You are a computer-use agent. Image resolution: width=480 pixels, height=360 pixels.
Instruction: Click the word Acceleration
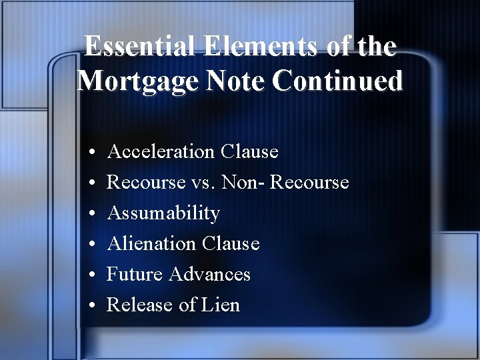click(161, 152)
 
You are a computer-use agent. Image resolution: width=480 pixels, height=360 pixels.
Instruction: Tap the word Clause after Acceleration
click(249, 152)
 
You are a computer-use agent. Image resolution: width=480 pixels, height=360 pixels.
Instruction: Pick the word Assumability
click(163, 213)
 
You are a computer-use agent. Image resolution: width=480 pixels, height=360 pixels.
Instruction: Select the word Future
click(135, 275)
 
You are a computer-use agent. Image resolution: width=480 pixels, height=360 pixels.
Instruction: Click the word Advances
click(209, 275)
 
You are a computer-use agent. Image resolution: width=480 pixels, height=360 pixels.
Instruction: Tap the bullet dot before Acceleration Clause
click(90, 153)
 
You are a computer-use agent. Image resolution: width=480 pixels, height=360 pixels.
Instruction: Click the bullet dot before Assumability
click(90, 214)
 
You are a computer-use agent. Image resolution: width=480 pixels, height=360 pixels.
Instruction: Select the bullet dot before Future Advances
click(90, 275)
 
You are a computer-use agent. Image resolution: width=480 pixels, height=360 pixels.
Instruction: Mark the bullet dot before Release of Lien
click(90, 306)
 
